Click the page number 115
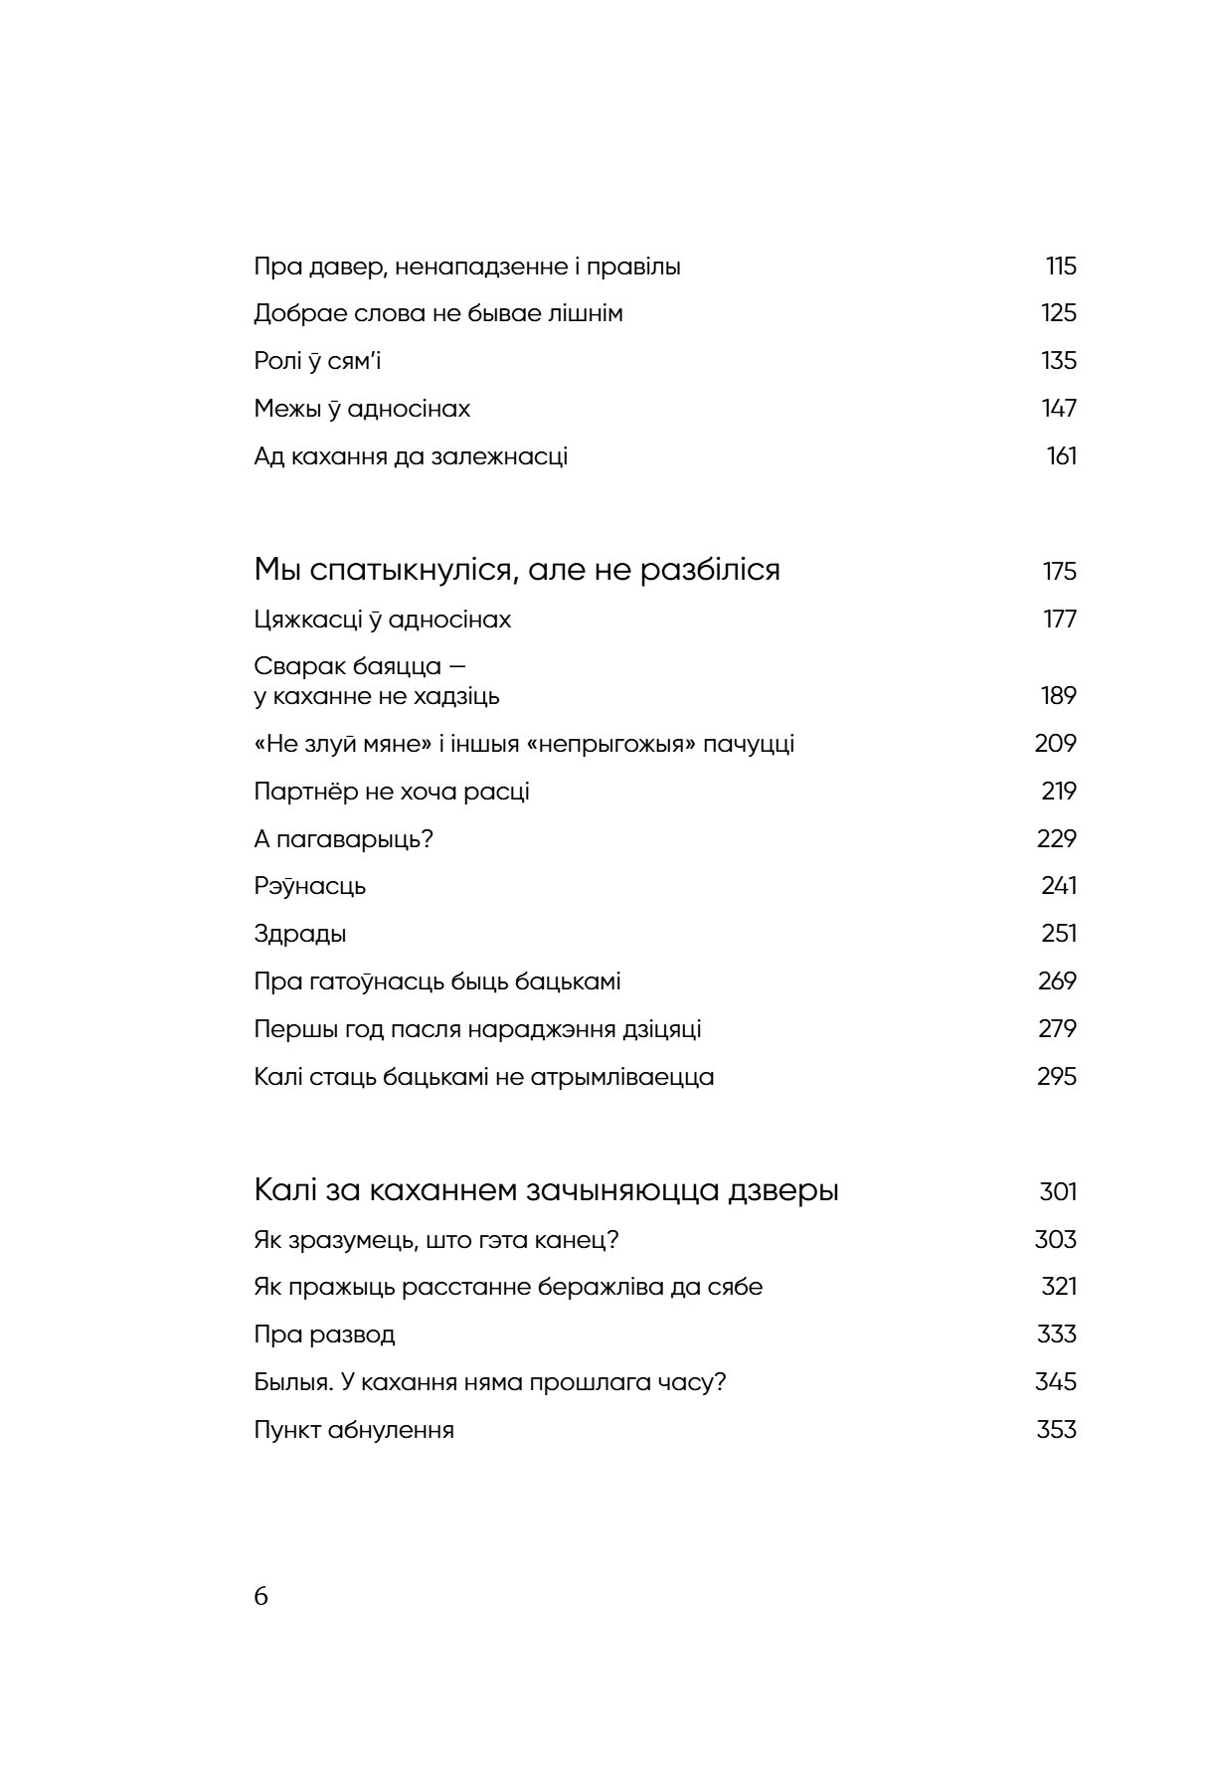click(1061, 266)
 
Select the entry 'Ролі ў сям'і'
click(317, 361)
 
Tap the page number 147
click(1059, 409)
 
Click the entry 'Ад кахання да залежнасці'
click(411, 457)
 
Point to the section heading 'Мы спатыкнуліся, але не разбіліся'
click(517, 571)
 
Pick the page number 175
click(1060, 572)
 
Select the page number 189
click(1059, 696)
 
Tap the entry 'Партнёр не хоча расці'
click(392, 793)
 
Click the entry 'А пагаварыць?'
click(344, 839)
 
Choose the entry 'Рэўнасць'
click(310, 887)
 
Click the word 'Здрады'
click(300, 935)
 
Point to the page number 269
click(1057, 981)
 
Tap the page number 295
click(1057, 1077)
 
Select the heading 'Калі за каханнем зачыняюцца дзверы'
click(547, 1191)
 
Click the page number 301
click(1058, 1192)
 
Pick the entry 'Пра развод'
click(324, 1334)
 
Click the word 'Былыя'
click(289, 1382)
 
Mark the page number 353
click(1057, 1430)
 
